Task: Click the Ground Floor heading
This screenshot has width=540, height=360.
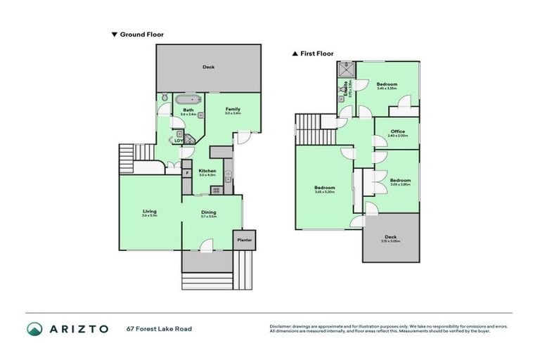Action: click(141, 34)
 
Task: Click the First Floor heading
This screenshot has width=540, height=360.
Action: click(316, 53)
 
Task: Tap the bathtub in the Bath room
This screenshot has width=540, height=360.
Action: click(188, 99)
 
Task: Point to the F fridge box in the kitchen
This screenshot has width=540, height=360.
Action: click(187, 172)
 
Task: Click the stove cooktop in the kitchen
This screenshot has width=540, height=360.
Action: click(217, 190)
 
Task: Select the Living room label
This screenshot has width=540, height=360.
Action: click(149, 211)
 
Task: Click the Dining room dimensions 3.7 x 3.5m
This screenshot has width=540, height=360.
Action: click(208, 217)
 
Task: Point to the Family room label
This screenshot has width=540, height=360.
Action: click(232, 109)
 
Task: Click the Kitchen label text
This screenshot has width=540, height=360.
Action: click(207, 171)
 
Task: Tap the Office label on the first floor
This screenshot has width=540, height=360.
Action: click(398, 131)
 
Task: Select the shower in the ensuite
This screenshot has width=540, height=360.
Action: click(346, 69)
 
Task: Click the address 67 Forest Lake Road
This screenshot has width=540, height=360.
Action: click(159, 328)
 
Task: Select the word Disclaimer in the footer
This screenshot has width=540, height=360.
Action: click(282, 326)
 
